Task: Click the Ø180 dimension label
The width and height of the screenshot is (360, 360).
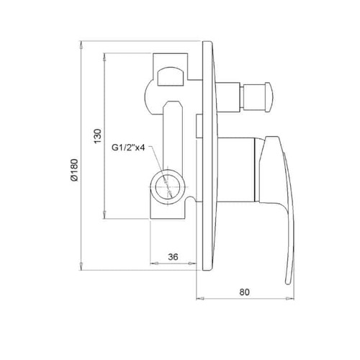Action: pos(74,170)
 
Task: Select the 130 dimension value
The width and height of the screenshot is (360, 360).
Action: pos(98,136)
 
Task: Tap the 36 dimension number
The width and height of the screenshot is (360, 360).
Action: pos(173,257)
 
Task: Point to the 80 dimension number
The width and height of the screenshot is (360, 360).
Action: pos(244,292)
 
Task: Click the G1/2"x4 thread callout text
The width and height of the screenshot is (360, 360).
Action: pos(128,148)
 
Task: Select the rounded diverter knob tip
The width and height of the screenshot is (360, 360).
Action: pos(269,97)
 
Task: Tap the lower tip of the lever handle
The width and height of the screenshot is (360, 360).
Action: pos(288,283)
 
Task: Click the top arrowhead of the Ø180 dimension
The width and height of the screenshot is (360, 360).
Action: pos(81,45)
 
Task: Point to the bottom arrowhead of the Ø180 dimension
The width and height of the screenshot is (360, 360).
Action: pos(81,266)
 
